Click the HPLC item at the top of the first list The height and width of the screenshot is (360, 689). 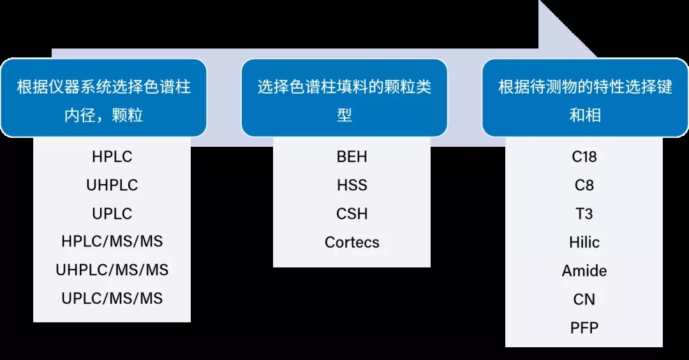(x=112, y=156)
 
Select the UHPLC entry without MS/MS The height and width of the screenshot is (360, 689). (x=112, y=185)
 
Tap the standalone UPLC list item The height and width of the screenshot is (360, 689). (x=112, y=213)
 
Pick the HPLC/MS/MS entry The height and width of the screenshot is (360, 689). (x=112, y=241)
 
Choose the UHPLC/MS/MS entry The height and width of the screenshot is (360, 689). (x=112, y=270)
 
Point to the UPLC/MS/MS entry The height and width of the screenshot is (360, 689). (x=112, y=298)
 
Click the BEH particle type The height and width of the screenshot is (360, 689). (x=352, y=156)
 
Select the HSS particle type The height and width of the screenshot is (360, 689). (x=352, y=185)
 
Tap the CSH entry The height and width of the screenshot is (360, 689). (x=352, y=213)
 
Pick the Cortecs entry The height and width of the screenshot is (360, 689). (x=352, y=242)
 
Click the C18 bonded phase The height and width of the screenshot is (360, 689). (x=584, y=156)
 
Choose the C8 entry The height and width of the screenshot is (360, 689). (x=584, y=185)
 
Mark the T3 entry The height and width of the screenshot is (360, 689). (x=584, y=213)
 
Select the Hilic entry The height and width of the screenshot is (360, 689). (x=584, y=242)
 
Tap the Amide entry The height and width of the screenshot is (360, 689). (x=584, y=271)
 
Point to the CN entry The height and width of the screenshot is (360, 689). (x=584, y=299)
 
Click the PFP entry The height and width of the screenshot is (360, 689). (x=584, y=327)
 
